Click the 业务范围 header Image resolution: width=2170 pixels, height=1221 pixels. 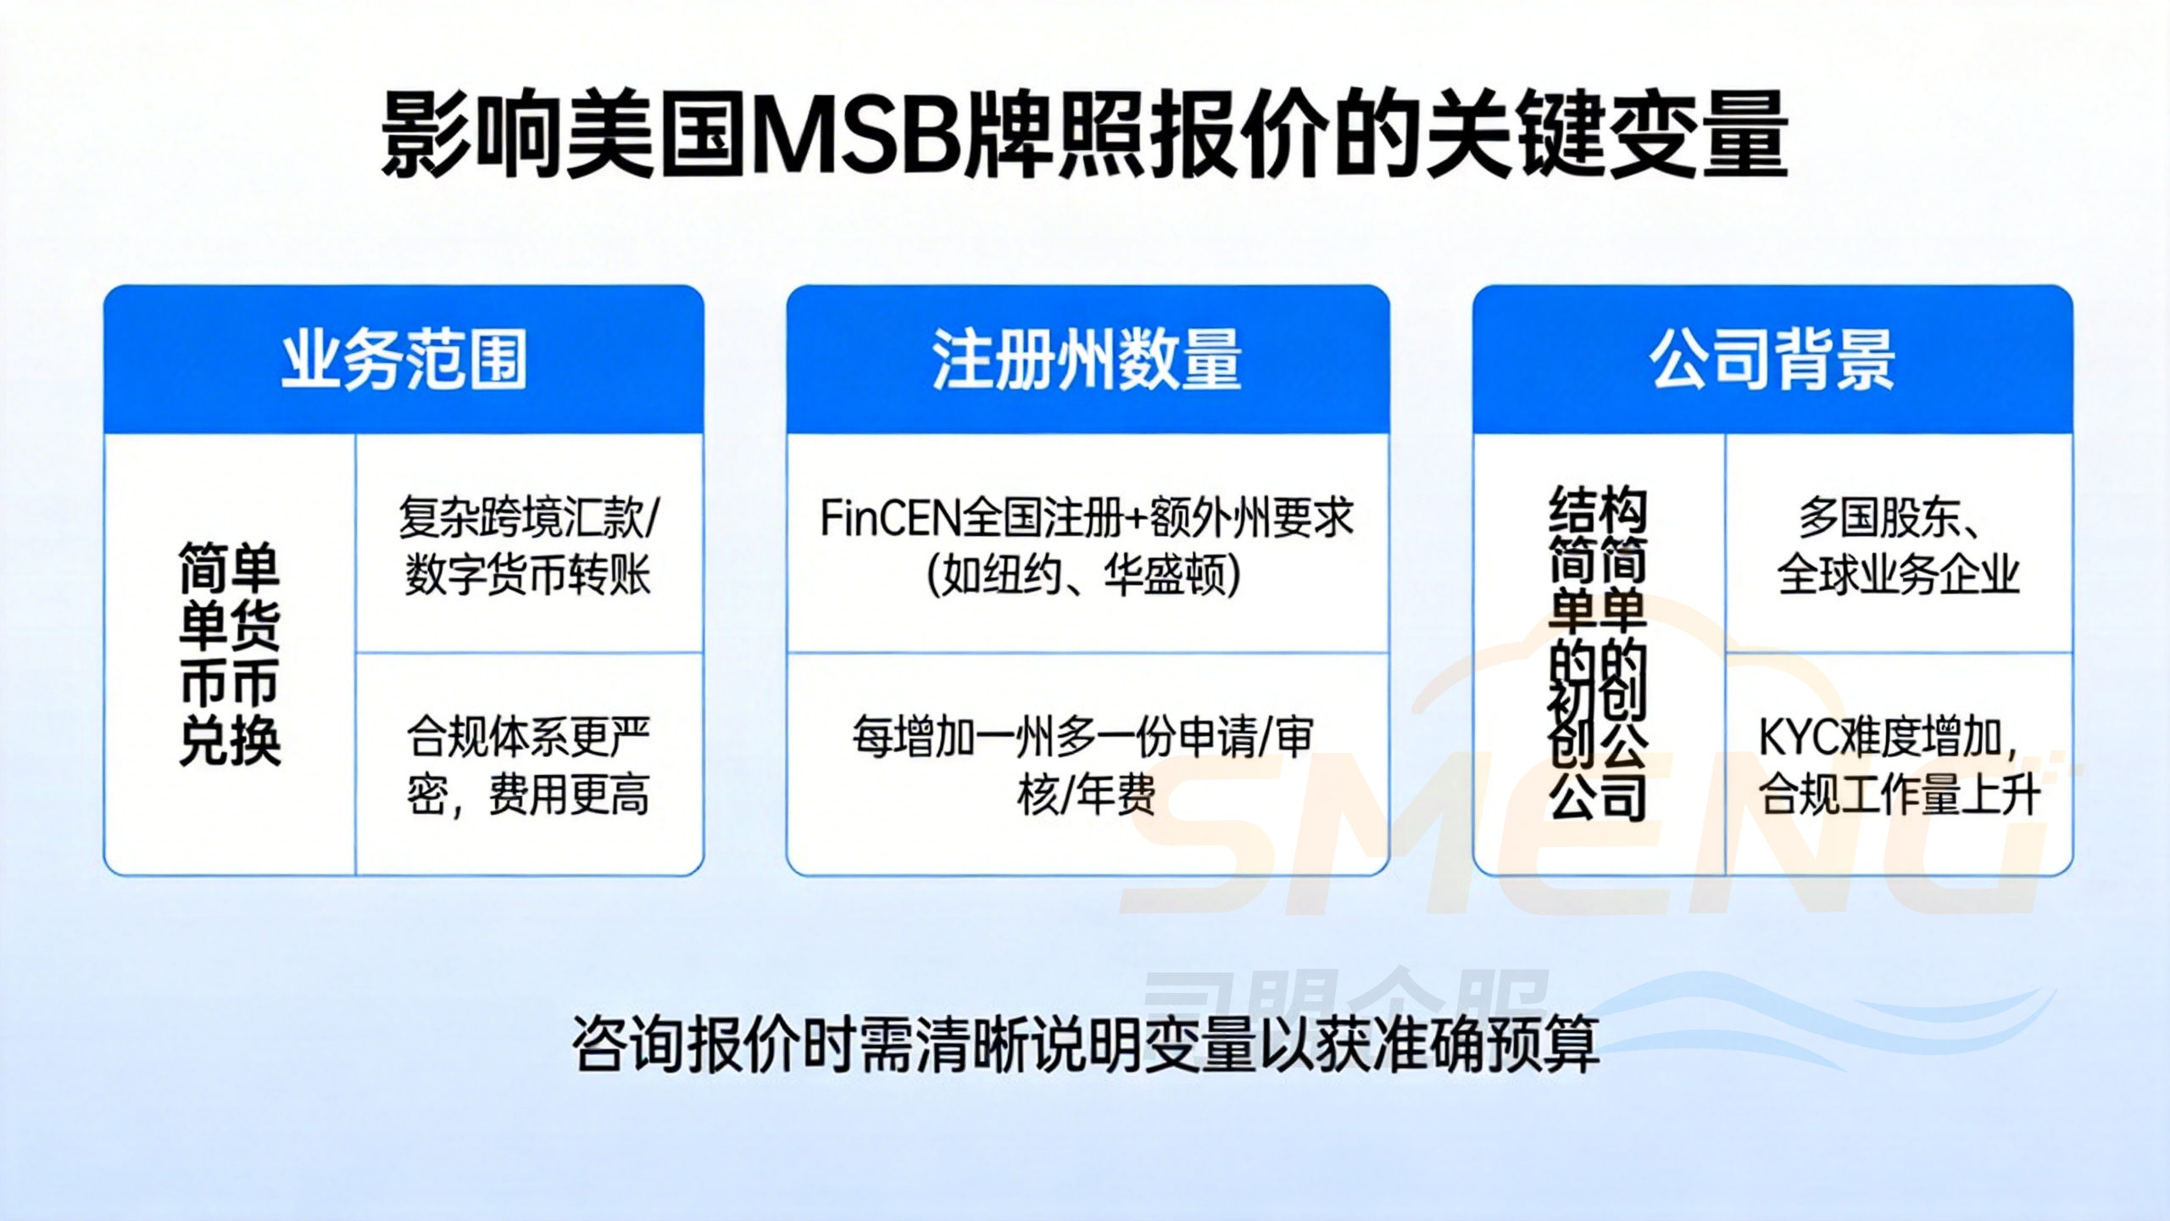click(403, 360)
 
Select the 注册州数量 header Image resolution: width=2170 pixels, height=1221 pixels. click(1087, 360)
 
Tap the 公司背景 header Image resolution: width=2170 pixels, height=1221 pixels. click(1772, 360)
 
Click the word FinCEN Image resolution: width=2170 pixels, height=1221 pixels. click(890, 518)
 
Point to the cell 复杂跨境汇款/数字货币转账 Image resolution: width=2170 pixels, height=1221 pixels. click(529, 546)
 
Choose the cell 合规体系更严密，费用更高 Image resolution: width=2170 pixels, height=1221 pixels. click(529, 766)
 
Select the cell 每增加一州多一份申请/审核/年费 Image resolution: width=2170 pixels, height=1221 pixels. click(1085, 766)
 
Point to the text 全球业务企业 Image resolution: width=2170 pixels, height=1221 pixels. click(1899, 576)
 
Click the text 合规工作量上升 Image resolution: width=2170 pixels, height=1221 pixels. click(1899, 794)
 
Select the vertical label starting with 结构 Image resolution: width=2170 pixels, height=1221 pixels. click(1598, 653)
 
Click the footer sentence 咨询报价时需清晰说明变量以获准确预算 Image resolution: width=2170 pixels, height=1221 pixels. click(1085, 1044)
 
